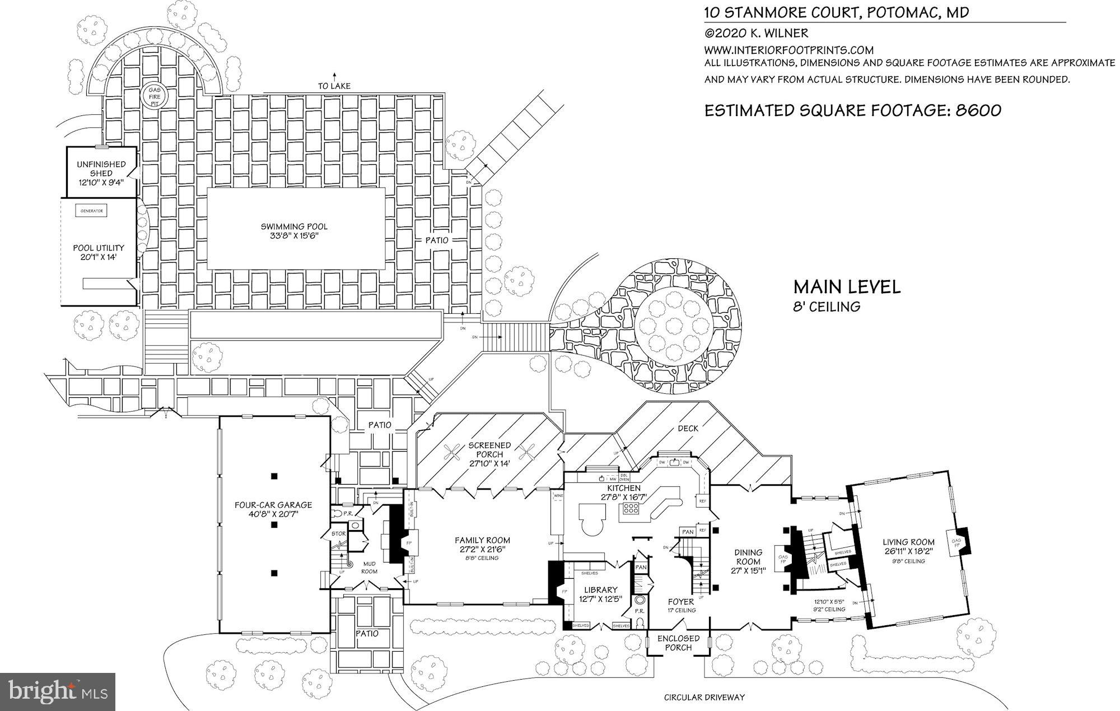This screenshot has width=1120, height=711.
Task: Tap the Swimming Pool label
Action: [x=294, y=227]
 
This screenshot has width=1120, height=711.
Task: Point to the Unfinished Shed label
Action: [x=101, y=169]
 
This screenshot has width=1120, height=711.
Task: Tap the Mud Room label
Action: [x=369, y=568]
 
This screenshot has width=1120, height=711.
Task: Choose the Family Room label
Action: [x=482, y=540]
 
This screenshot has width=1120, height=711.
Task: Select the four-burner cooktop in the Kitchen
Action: [x=632, y=509]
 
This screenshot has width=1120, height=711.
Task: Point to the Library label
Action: [x=600, y=589]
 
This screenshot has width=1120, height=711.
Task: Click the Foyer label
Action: [x=681, y=602]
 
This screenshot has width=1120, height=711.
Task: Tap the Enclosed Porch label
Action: [x=678, y=643]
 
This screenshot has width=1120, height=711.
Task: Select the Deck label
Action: [x=688, y=428]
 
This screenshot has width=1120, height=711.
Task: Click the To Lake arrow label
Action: [x=334, y=86]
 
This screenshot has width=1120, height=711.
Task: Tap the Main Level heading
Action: [x=847, y=287]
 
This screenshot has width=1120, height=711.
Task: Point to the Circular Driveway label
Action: [x=704, y=698]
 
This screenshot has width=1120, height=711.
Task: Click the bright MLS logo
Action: [x=58, y=691]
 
